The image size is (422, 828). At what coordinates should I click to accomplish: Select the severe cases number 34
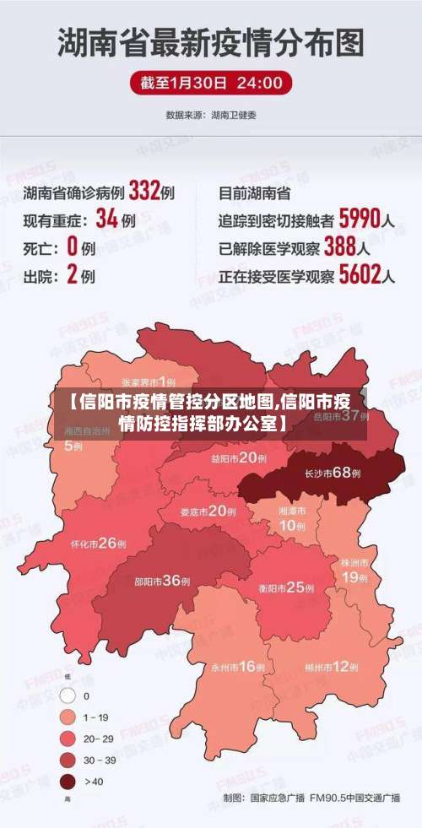tap(106, 219)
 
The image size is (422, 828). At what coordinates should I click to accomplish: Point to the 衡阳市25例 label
tap(286, 587)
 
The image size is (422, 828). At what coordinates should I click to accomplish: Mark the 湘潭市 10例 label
tap(292, 518)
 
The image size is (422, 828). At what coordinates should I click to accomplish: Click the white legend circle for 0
tap(68, 696)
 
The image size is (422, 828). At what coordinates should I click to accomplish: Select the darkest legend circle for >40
tap(68, 782)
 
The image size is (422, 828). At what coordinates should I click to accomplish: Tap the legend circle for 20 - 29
tap(68, 739)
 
